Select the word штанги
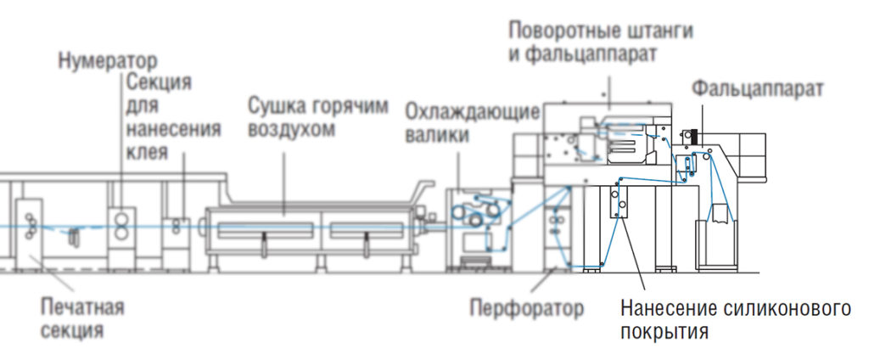pyautogui.click(x=661, y=31)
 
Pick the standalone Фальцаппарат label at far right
pyautogui.click(x=758, y=87)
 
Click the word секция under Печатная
pyautogui.click(x=73, y=329)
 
